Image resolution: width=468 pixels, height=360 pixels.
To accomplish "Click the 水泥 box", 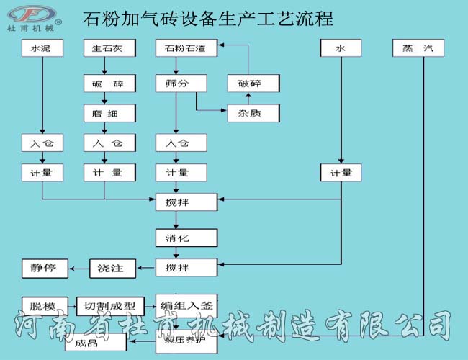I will coord(42,49).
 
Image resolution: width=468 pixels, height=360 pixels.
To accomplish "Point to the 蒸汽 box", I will coord(418,49).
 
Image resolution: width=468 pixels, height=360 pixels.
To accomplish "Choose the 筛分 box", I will coord(176,84).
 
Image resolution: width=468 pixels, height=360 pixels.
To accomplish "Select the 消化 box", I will coord(186,237).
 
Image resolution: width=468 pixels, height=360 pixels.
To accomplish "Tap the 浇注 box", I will coord(111,269).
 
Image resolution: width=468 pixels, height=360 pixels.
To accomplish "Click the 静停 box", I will coord(42,269).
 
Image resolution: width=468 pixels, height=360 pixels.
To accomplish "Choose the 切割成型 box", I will coord(109,306).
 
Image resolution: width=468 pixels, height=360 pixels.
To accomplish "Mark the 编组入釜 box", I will coord(186,305).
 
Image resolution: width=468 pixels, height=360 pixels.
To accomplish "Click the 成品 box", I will coord(90,343).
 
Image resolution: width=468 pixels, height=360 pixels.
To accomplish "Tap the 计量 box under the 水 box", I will coord(341,173).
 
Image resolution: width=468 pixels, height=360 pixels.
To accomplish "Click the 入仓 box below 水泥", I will coord(42,143).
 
